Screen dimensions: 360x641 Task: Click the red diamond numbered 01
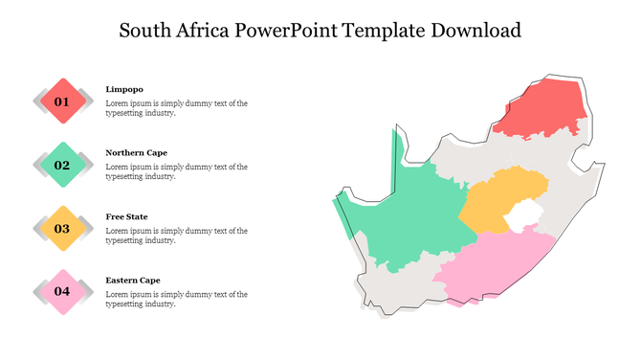(x=62, y=101)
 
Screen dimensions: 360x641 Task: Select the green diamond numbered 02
(x=62, y=165)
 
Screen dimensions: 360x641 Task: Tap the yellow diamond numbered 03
(x=62, y=228)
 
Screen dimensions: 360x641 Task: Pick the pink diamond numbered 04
(x=62, y=291)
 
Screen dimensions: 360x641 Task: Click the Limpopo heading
(x=124, y=89)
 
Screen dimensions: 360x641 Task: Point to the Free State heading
(x=126, y=216)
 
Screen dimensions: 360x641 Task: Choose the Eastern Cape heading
(x=133, y=280)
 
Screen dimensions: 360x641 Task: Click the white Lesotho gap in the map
(x=523, y=218)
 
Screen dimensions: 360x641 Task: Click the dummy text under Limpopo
(x=176, y=107)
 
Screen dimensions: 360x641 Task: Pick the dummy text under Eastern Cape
(x=176, y=299)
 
